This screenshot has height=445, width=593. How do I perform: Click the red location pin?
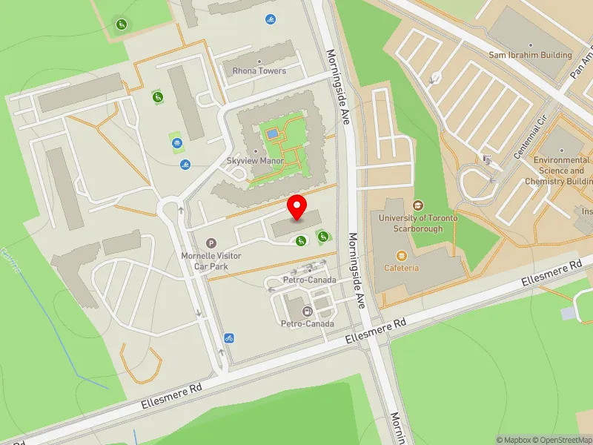coord(297,208)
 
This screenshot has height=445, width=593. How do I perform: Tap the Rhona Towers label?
coord(259,71)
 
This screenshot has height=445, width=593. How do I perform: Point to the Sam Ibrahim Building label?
coord(530,55)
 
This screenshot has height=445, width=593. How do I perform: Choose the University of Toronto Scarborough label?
coord(418,223)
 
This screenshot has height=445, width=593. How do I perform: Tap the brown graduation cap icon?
coord(418,205)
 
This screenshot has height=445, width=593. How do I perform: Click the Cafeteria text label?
coord(402,268)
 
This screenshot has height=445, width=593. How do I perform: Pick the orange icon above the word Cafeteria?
coord(402,256)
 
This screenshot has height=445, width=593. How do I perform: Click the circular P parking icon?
coord(211,243)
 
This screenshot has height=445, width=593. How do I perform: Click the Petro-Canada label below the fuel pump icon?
coord(307,324)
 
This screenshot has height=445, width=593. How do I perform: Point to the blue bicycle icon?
coord(229,339)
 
